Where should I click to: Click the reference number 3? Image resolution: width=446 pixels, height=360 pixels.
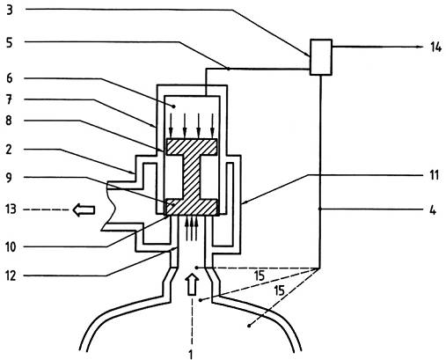pos(10,10)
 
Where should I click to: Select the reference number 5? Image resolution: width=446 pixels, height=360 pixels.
pos(10,43)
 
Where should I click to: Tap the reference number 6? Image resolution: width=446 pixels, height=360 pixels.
pos(10,78)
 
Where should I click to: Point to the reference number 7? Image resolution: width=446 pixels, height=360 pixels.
pos(10,99)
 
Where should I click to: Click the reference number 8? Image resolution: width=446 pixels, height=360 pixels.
pos(10,121)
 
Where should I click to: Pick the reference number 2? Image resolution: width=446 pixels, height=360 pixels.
pos(10,150)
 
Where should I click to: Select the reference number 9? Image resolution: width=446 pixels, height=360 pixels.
pos(10,178)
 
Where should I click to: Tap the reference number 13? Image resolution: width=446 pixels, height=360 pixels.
pos(11,209)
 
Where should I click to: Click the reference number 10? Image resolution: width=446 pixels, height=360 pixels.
pos(11,247)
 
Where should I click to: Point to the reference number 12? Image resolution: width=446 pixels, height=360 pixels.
pos(11,276)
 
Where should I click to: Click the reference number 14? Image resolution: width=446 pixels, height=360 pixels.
pos(435,47)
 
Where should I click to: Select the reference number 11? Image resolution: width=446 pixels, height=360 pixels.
pos(434,175)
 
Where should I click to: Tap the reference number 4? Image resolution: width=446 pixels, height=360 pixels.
pos(433,210)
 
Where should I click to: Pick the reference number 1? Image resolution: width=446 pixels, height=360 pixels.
pos(191,354)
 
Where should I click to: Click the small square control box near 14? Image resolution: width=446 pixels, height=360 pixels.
pos(321,57)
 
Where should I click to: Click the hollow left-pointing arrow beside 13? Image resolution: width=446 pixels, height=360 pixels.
pos(84,210)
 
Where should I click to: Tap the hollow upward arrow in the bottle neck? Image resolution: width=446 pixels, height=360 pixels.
pos(192,284)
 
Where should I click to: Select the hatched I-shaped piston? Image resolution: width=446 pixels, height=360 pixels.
pos(192,177)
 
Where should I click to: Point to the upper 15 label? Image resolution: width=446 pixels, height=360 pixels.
pos(260,276)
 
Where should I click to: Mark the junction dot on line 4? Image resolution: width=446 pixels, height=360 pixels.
pos(320,209)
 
